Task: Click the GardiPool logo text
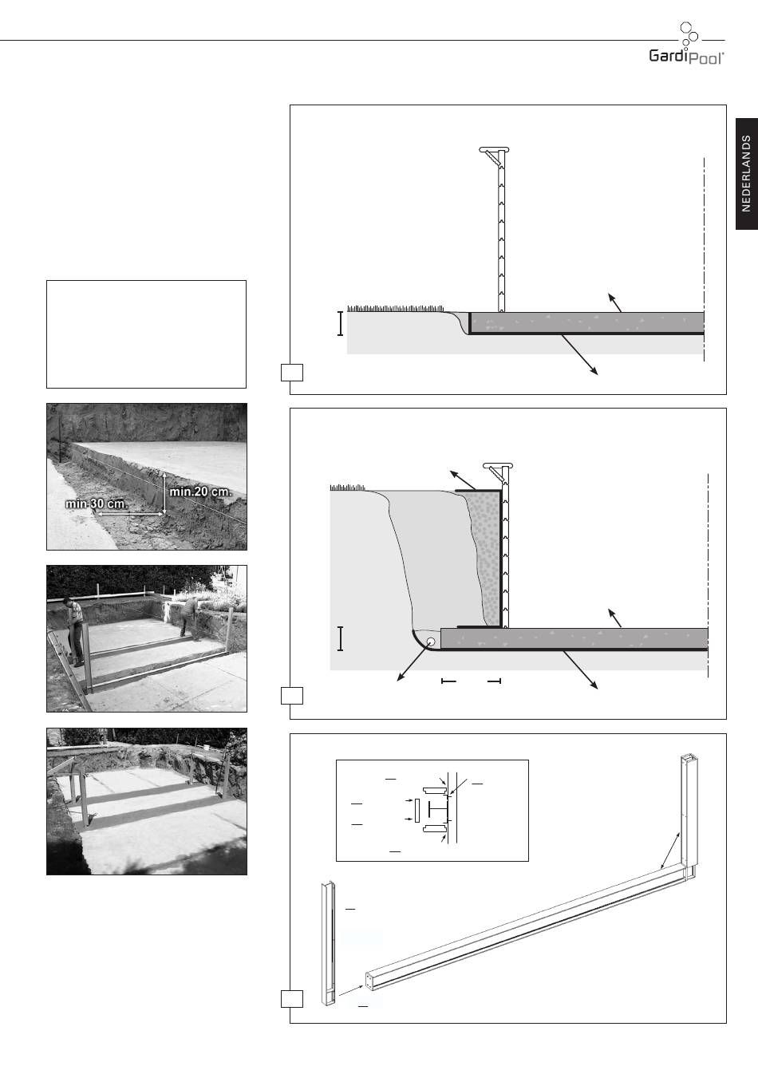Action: coord(686,57)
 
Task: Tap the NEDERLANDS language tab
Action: coord(747,174)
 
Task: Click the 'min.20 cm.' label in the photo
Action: coord(200,492)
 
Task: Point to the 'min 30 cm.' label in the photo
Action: coord(97,504)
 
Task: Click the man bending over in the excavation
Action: coord(189,618)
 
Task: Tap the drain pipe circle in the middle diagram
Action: coord(431,642)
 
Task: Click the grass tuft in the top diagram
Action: coord(396,309)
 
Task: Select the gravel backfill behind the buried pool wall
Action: coord(486,559)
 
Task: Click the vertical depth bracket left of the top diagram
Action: coord(340,323)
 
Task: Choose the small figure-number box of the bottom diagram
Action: coord(292,999)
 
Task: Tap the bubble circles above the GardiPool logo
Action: coord(689,34)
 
